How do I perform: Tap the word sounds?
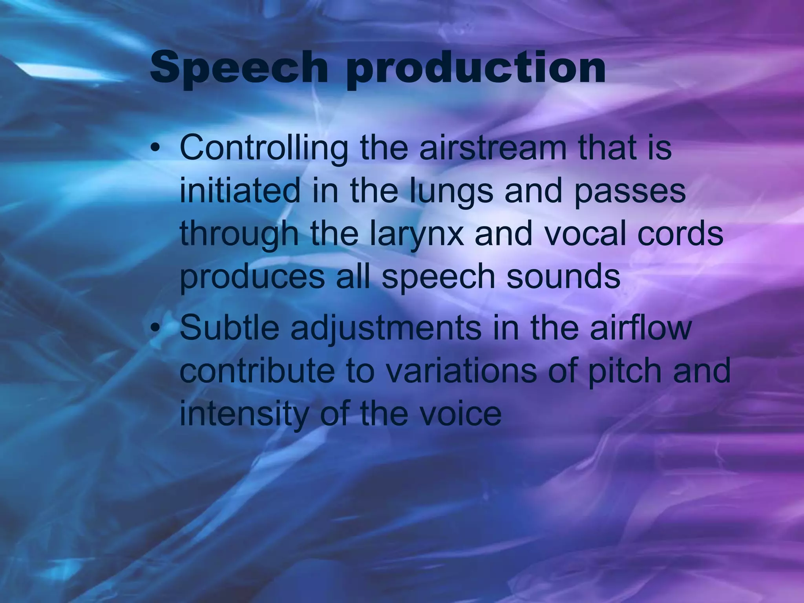pyautogui.click(x=563, y=276)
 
